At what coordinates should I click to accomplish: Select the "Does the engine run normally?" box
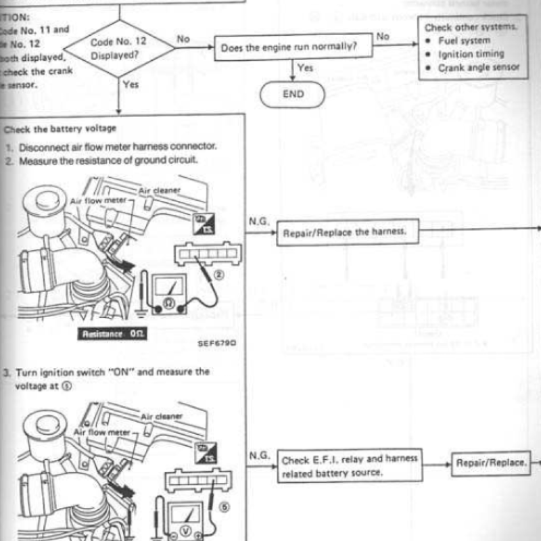(x=288, y=49)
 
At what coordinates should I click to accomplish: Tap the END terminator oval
(x=293, y=94)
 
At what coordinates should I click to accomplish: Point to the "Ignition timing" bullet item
(x=471, y=53)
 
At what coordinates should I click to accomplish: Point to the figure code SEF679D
(x=217, y=343)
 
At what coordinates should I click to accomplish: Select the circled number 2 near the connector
(x=218, y=275)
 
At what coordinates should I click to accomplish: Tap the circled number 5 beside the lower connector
(x=225, y=504)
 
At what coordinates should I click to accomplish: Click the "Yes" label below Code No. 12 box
(x=131, y=85)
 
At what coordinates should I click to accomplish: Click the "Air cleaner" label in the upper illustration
(x=160, y=190)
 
